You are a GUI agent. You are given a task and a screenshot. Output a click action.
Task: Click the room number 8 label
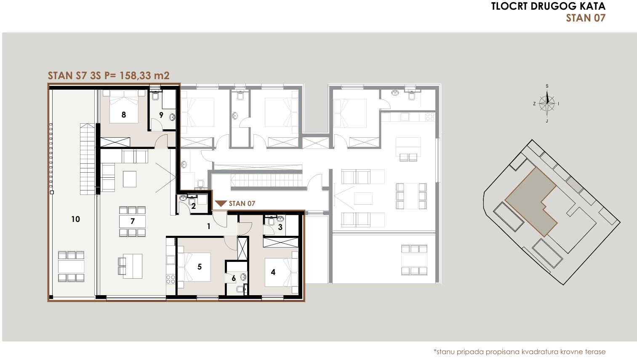pos(124,115)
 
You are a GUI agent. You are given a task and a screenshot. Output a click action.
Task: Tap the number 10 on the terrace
pos(76,219)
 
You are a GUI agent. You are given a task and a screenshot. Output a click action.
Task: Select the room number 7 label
pos(133,221)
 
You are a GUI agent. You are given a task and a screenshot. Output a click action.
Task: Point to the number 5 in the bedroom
pos(200,267)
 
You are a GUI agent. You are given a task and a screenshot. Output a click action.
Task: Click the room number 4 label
pos(273,272)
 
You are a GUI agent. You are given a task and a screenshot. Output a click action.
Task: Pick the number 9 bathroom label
pos(161,115)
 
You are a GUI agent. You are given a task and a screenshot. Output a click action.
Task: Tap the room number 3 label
pos(280,227)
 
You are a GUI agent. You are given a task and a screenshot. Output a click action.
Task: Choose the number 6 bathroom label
pos(234,278)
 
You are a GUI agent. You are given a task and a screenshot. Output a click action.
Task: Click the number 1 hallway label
pos(209,227)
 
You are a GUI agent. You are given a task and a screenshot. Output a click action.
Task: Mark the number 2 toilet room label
pos(193,206)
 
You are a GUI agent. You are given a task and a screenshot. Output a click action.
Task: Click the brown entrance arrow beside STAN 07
pos(221,203)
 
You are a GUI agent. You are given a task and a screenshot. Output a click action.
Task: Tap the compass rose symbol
pos(547,104)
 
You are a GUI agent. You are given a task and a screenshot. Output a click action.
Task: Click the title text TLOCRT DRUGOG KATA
pos(548,6)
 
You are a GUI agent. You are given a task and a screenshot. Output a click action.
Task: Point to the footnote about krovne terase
pos(520,352)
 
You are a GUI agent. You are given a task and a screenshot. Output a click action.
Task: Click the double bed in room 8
pos(124,107)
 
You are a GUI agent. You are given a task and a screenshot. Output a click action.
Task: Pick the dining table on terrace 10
pos(72,267)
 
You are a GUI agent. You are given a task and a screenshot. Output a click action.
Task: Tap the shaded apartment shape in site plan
pos(530,202)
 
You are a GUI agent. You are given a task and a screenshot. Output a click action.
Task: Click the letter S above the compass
pos(547,86)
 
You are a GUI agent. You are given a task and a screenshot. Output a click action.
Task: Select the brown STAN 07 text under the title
pos(586,18)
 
